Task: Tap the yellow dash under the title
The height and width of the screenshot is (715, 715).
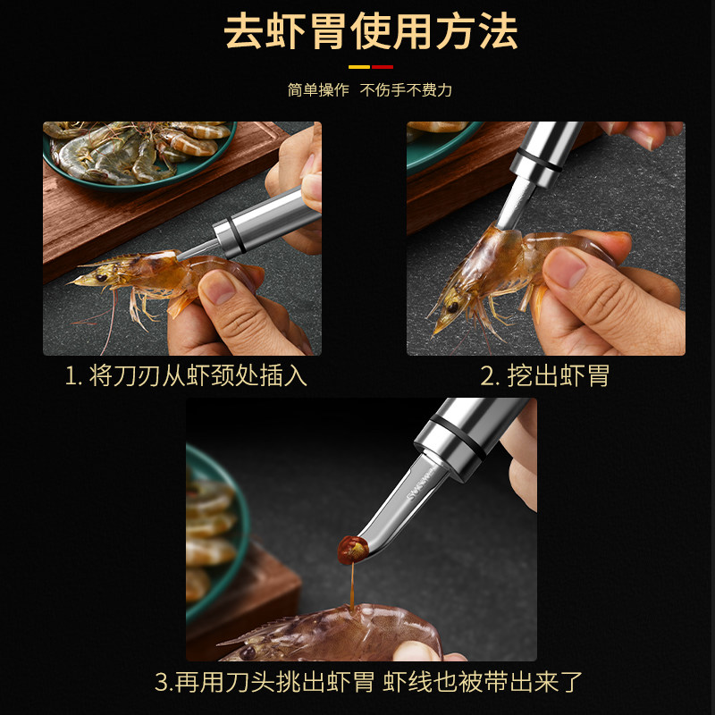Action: coord(358,66)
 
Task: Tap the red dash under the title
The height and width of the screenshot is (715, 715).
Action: coord(382,66)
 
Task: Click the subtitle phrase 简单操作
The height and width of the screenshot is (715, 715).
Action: coord(318,90)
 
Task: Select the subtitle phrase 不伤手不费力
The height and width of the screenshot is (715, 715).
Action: coord(406,90)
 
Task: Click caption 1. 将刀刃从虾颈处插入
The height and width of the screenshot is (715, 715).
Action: coord(186,375)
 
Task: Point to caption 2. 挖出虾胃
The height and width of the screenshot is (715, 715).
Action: coord(544,375)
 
